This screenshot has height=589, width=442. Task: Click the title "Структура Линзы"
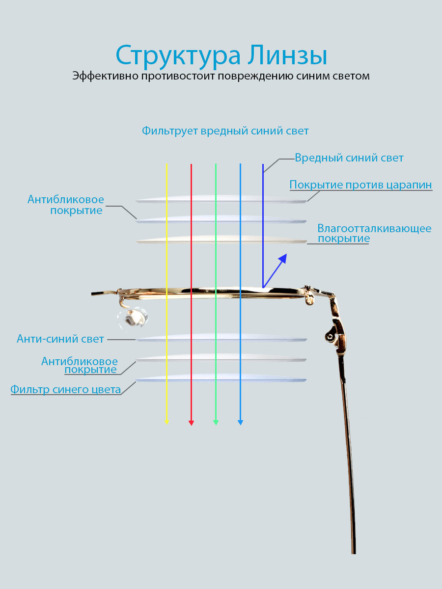221,55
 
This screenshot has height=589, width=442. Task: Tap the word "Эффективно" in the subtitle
106,76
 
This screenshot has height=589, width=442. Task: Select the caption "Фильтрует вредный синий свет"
225,131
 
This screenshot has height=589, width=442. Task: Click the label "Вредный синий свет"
349,158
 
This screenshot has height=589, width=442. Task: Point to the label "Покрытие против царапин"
360,185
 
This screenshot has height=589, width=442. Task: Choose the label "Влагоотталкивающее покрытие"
374,233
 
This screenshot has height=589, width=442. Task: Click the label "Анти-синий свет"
60,339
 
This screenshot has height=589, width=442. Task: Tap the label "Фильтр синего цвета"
65,389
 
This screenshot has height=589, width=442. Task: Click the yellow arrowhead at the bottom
166,422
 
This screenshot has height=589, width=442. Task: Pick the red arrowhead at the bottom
192,423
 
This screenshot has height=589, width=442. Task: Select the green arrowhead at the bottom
216,423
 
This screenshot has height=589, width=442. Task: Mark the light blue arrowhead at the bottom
241,423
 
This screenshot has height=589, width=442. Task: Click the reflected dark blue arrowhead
283,258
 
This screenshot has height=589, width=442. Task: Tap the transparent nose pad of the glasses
133,318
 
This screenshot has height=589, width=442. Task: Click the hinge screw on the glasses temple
330,337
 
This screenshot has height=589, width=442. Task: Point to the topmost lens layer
221,199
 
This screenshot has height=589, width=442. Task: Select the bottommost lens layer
221,377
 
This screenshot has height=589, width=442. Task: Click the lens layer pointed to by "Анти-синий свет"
221,338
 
